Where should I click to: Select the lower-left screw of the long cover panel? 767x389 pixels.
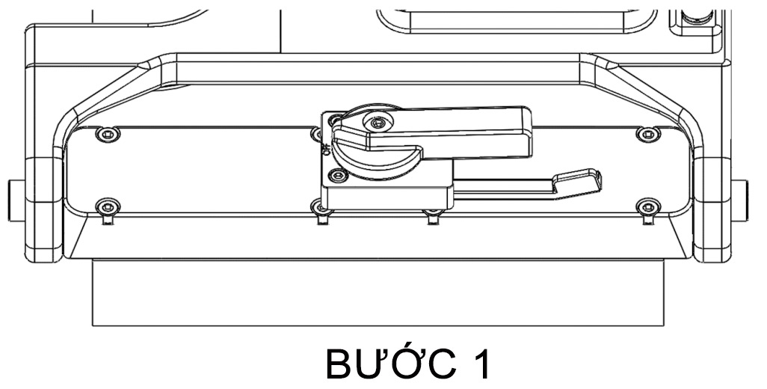pos(109,205)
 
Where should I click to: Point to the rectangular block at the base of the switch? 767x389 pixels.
pos(389,194)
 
